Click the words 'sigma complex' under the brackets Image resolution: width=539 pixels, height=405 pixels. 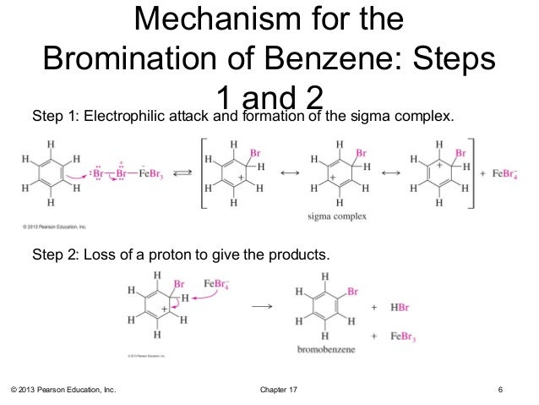coord(338,217)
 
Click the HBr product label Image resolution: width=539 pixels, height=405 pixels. coord(400,310)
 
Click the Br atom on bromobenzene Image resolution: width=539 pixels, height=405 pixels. coord(352,291)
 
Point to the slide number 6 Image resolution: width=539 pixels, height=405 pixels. coord(501,389)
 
